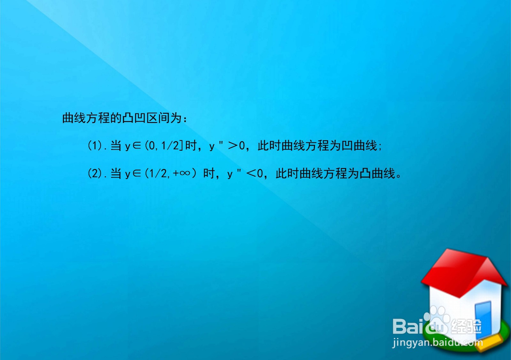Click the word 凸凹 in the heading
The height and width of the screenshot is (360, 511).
pos(134,118)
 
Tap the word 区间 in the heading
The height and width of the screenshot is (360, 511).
pos(158,118)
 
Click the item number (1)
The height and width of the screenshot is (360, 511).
pos(95,146)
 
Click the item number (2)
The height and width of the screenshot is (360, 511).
pos(95,173)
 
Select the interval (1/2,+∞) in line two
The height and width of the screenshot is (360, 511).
pos(171,173)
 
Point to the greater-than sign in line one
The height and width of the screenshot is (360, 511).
pos(233,146)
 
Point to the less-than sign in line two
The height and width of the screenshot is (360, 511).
pos(251,173)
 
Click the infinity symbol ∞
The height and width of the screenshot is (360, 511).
pos(185,173)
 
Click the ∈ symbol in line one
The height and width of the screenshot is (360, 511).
pos(137,146)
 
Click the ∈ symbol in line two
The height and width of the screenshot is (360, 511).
pos(137,173)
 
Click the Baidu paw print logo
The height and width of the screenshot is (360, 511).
pos(436,320)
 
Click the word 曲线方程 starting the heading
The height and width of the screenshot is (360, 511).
pos(86,118)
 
